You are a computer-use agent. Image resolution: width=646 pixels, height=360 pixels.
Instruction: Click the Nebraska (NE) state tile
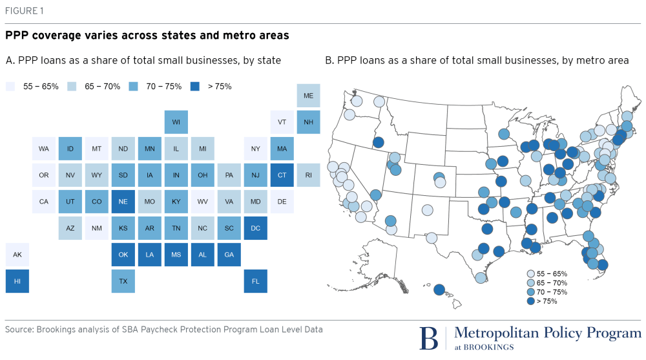[123, 202]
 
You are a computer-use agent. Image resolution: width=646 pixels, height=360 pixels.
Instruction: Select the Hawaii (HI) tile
[17, 281]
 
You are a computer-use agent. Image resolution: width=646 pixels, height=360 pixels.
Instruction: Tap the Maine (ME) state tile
[309, 96]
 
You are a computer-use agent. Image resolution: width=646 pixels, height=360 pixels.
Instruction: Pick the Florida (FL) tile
[256, 281]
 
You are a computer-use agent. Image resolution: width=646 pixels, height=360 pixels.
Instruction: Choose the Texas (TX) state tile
[123, 281]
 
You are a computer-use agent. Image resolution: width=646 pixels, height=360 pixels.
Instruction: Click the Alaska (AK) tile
[17, 255]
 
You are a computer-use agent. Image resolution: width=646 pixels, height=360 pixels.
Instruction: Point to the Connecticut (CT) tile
[282, 175]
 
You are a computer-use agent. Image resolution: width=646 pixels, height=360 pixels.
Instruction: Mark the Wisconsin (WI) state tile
[176, 122]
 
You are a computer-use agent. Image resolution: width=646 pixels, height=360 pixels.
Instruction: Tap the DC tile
[256, 228]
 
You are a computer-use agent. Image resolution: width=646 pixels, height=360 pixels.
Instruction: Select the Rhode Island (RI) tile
[309, 175]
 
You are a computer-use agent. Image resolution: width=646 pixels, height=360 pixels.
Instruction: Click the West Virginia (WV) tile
[203, 202]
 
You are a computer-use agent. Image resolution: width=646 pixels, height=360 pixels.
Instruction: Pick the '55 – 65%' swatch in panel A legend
[10, 86]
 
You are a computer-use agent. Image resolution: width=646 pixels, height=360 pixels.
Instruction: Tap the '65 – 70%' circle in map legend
[531, 283]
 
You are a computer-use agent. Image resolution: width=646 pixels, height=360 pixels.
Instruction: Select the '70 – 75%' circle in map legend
[531, 292]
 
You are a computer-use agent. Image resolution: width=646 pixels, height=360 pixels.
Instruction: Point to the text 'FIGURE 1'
[25, 10]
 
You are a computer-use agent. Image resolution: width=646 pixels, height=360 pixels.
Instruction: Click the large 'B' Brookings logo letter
[428, 338]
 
